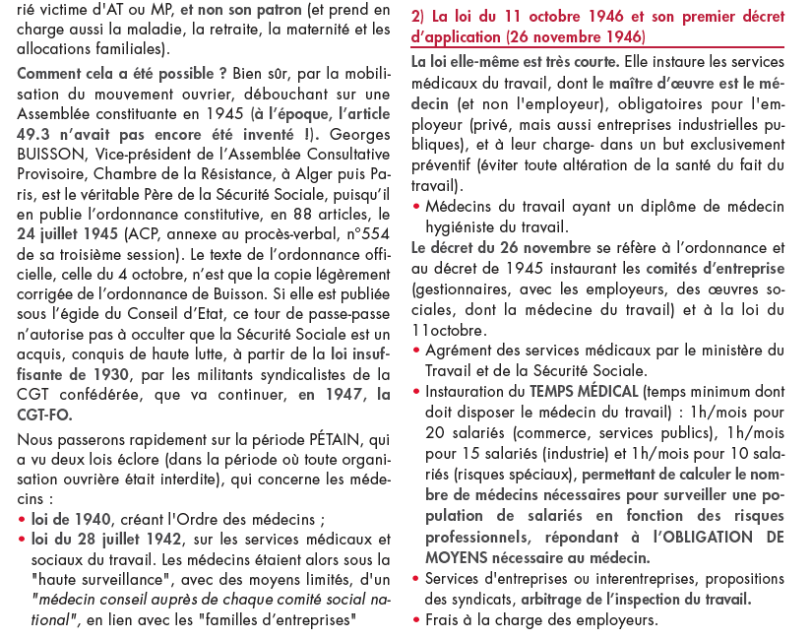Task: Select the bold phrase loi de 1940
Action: [73, 519]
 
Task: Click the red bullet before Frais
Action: [417, 621]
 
